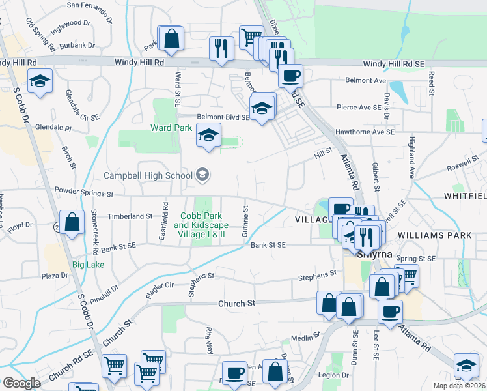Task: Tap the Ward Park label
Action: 171,128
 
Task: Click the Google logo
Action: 21,383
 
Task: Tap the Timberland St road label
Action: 130,216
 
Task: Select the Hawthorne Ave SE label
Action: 365,132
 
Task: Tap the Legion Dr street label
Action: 333,375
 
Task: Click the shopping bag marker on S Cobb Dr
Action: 72,222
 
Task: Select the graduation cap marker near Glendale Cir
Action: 40,81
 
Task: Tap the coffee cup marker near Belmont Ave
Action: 290,76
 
